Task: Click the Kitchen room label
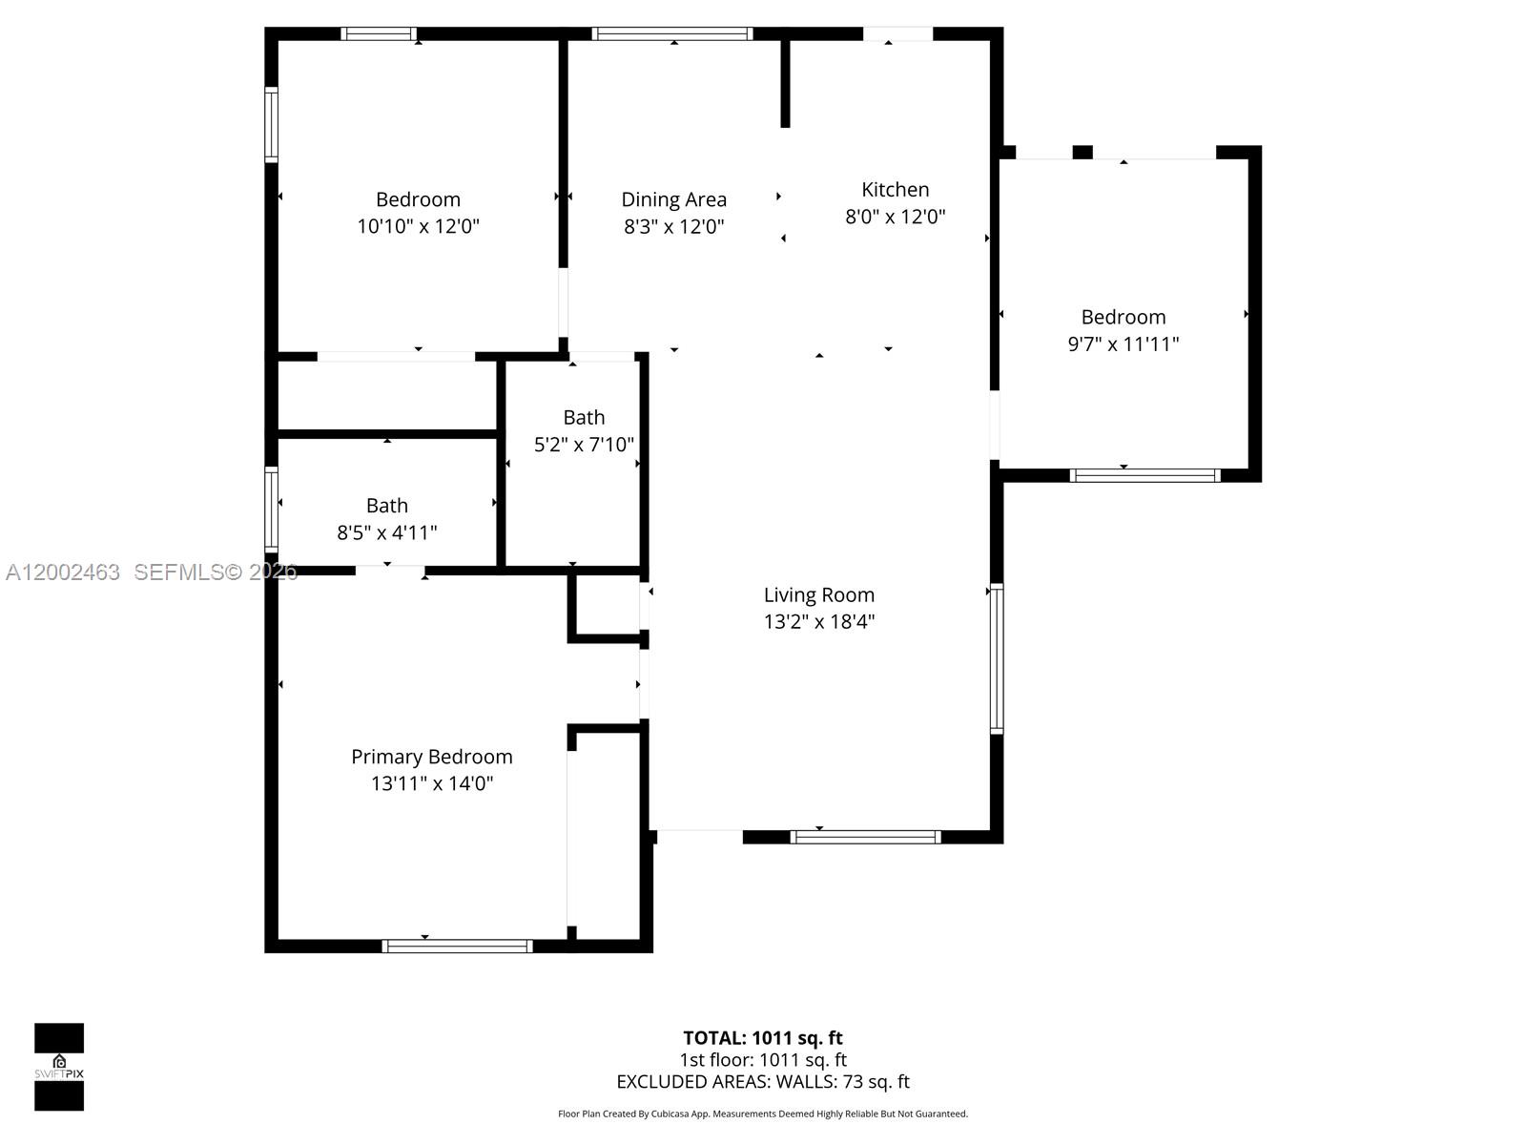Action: point(895,190)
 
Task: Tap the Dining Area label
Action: point(673,200)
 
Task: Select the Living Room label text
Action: point(818,595)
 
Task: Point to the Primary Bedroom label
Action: point(431,757)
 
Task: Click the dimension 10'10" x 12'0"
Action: point(418,227)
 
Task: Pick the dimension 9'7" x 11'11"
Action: point(1123,344)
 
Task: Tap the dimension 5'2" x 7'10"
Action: point(584,445)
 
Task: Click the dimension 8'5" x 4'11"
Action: point(386,532)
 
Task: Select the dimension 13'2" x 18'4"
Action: point(818,622)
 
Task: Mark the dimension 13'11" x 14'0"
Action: point(431,783)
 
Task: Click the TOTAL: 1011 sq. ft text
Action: point(762,1038)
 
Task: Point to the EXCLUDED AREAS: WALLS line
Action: point(762,1082)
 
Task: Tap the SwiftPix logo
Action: point(59,1067)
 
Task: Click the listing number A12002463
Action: point(63,572)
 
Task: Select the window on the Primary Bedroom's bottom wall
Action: point(457,946)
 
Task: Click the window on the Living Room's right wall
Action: point(997,658)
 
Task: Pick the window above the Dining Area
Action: point(672,34)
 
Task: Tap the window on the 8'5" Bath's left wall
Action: point(272,510)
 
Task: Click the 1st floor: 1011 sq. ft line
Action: point(762,1060)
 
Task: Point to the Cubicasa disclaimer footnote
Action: point(762,1114)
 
